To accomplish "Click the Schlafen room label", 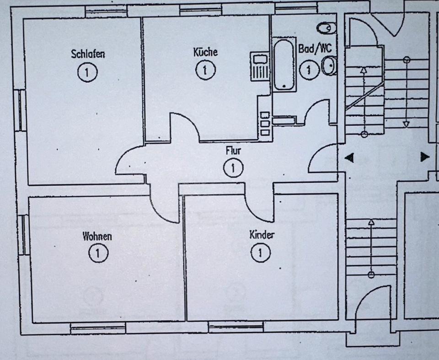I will click(x=88, y=54).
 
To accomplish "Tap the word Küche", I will click(x=205, y=52).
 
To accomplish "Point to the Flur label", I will click(x=233, y=150).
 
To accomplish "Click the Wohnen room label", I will click(x=97, y=236).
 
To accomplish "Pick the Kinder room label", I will click(x=262, y=235).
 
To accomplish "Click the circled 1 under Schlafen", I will click(x=87, y=72).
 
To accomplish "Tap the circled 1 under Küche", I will click(x=205, y=70).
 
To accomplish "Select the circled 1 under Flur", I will click(x=233, y=168).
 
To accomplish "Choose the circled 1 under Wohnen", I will click(x=97, y=253).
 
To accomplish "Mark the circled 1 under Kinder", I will click(x=261, y=252).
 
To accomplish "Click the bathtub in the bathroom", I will click(x=283, y=65).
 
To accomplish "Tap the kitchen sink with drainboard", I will click(x=260, y=66).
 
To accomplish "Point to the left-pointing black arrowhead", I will click(x=349, y=158).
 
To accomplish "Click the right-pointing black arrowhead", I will click(x=425, y=157).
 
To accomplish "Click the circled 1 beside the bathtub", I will click(x=310, y=70).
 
